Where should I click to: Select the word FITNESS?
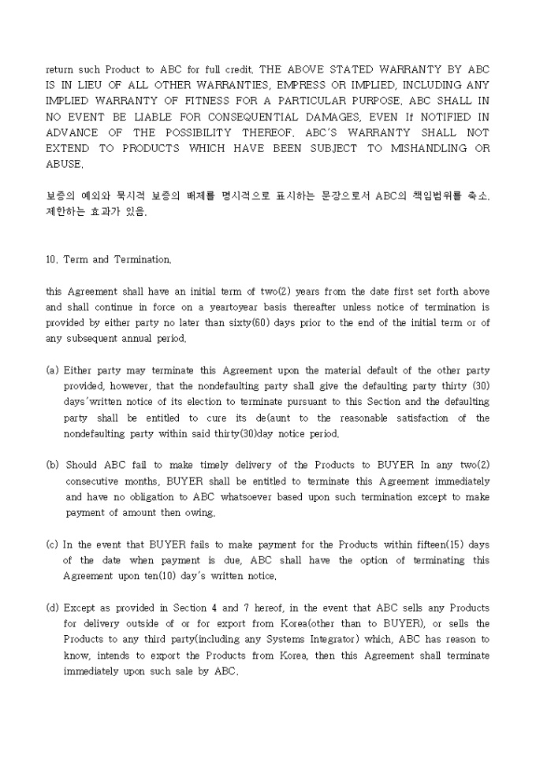(224, 101)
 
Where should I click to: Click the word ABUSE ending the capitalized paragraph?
(63, 164)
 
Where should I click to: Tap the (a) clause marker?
(52, 370)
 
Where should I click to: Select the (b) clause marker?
(52, 466)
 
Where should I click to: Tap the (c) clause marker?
(52, 544)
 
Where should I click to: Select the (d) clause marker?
(52, 608)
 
